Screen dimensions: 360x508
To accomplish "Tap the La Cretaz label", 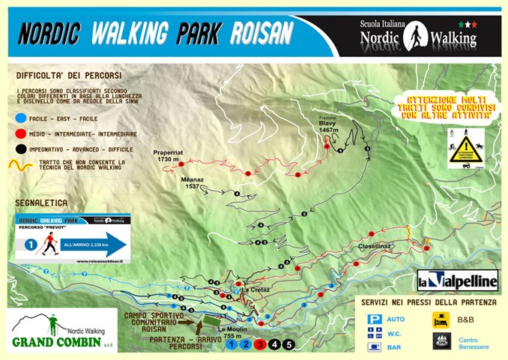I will click(x=253, y=289).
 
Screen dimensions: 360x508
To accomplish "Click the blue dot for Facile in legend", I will click(x=20, y=118).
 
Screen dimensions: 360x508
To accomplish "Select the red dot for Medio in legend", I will click(x=20, y=133).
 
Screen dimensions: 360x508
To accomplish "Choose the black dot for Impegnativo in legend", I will click(x=20, y=148).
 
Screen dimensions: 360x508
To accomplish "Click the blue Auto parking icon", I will click(x=374, y=319).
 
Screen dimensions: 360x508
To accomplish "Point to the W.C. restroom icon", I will click(x=374, y=332).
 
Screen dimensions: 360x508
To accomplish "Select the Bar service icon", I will click(x=374, y=346).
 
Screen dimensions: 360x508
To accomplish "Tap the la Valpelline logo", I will click(x=457, y=280).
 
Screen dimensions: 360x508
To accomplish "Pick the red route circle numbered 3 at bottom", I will click(x=260, y=345).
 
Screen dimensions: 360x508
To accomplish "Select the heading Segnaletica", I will click(x=41, y=202).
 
